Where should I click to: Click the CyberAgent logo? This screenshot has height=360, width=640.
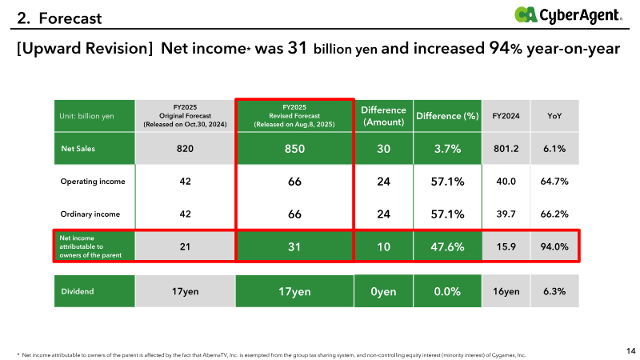(568, 15)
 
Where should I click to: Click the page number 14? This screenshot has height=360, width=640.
(630, 350)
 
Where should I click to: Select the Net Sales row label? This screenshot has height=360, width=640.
(78, 149)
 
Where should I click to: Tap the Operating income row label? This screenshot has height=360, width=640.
(93, 182)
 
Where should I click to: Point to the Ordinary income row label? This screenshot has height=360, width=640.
(90, 214)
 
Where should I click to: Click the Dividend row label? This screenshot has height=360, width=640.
(78, 291)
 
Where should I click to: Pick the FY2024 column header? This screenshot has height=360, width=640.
(506, 116)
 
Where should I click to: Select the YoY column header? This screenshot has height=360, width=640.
(554, 116)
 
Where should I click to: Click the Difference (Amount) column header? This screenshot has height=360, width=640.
(383, 116)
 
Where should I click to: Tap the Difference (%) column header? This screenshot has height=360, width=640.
(447, 116)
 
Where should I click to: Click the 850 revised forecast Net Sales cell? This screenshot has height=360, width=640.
(294, 149)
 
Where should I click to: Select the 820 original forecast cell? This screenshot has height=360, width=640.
(185, 149)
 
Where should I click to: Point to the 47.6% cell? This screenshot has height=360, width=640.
(447, 246)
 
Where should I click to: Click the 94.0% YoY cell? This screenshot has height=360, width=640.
(554, 246)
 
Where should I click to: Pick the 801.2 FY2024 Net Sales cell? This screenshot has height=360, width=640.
(506, 149)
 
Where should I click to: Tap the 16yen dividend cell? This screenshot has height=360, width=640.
(506, 291)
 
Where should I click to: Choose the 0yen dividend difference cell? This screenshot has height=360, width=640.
(383, 291)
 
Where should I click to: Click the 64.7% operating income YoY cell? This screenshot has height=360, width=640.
(554, 182)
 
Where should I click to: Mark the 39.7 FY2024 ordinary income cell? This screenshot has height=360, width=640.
(506, 214)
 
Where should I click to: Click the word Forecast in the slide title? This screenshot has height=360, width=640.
(70, 18)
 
